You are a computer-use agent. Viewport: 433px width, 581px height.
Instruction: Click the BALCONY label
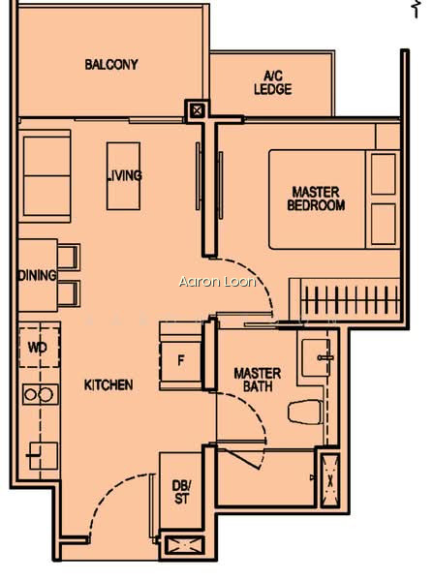coord(111,65)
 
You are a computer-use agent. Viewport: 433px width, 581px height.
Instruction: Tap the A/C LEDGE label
coord(273,83)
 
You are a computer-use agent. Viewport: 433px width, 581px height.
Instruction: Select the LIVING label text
coord(124,175)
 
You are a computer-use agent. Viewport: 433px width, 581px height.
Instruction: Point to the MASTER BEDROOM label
coord(316,199)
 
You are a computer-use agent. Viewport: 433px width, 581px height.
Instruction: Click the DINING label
coord(38,275)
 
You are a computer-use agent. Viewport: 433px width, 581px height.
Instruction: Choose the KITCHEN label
coord(108,385)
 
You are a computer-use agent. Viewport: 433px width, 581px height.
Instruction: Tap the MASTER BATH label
coord(258,380)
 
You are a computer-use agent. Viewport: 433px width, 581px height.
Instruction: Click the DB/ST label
coord(182,492)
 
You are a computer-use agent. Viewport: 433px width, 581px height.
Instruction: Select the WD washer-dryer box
coord(40,348)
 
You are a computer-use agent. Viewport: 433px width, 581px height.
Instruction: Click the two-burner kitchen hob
coord(41,395)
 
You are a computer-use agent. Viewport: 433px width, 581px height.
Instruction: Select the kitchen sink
coord(44,456)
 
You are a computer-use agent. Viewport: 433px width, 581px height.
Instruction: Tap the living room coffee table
coord(123,176)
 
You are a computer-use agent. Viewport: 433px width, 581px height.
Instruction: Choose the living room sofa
coord(45,176)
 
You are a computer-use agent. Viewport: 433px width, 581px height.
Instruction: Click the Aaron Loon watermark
coord(217,282)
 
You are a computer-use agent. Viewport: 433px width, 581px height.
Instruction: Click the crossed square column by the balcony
coord(198,110)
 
